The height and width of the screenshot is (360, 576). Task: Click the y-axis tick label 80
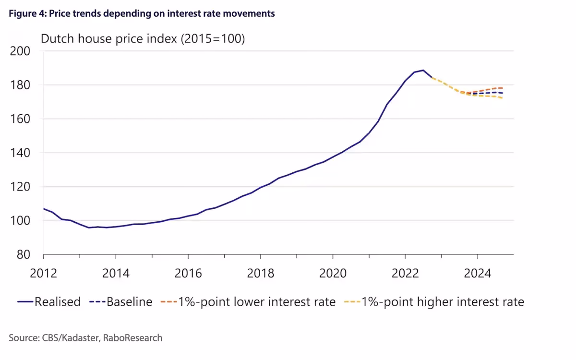(x=24, y=255)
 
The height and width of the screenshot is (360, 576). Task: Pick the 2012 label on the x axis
(x=44, y=274)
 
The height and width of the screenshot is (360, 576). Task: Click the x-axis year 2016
(x=188, y=274)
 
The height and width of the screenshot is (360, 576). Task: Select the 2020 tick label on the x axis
(x=333, y=274)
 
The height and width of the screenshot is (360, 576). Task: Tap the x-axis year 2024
(x=478, y=274)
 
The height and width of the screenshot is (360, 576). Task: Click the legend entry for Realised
(x=57, y=302)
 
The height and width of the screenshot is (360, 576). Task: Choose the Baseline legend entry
(x=129, y=302)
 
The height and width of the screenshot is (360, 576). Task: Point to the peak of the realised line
(x=423, y=70)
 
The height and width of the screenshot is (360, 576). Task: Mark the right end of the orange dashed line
(x=503, y=88)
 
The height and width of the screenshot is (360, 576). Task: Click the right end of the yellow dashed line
(x=503, y=98)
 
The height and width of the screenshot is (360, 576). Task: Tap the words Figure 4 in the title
(x=24, y=13)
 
